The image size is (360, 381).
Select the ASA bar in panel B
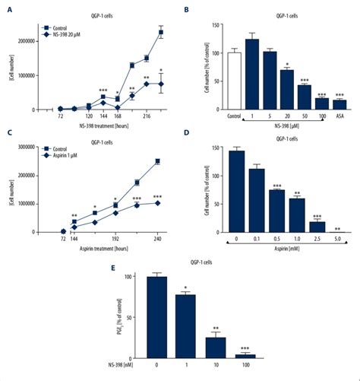coord(339,105)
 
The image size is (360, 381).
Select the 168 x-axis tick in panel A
coord(118,117)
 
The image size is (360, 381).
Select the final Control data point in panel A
coord(160,33)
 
